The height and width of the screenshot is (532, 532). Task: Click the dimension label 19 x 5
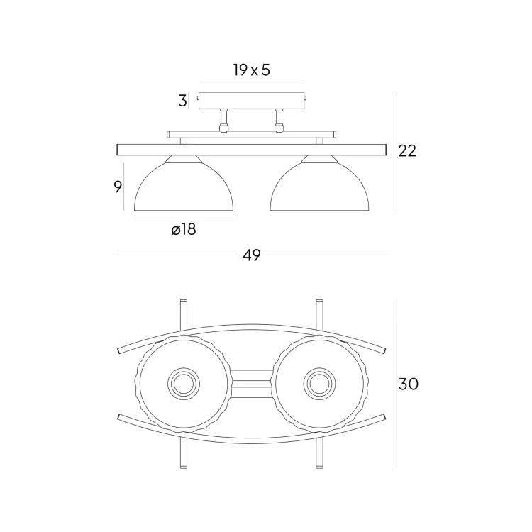pos(252,70)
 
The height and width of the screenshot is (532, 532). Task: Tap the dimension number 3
pos(182,101)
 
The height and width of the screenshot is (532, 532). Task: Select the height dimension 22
pos(407,150)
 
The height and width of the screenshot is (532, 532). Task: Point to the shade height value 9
pos(118,187)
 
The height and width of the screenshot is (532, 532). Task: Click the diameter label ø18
pos(183,230)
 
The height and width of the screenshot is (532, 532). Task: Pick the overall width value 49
pos(252,255)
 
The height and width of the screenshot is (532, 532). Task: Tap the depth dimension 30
pos(409,384)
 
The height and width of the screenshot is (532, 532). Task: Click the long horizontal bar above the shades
pos(252,150)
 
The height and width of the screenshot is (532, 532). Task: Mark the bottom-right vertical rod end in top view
pos(319,462)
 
